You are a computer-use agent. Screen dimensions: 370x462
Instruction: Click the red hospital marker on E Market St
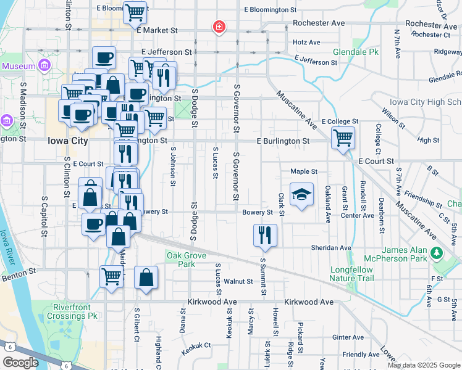[x=219, y=27]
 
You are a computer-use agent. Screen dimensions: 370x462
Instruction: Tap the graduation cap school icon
[x=301, y=194]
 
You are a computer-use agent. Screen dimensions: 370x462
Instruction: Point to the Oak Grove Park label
[x=181, y=260]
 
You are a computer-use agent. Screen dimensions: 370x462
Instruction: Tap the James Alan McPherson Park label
[x=397, y=254]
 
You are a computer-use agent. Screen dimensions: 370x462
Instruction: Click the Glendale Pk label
[x=355, y=52]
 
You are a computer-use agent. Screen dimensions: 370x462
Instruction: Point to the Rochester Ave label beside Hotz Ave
[x=318, y=23]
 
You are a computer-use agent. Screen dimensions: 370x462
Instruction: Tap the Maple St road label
[x=303, y=171]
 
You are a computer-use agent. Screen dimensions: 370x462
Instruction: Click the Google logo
[x=20, y=363]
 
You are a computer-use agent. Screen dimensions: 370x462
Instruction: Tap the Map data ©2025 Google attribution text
[x=424, y=365]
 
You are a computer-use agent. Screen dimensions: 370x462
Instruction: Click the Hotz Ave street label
[x=307, y=43]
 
